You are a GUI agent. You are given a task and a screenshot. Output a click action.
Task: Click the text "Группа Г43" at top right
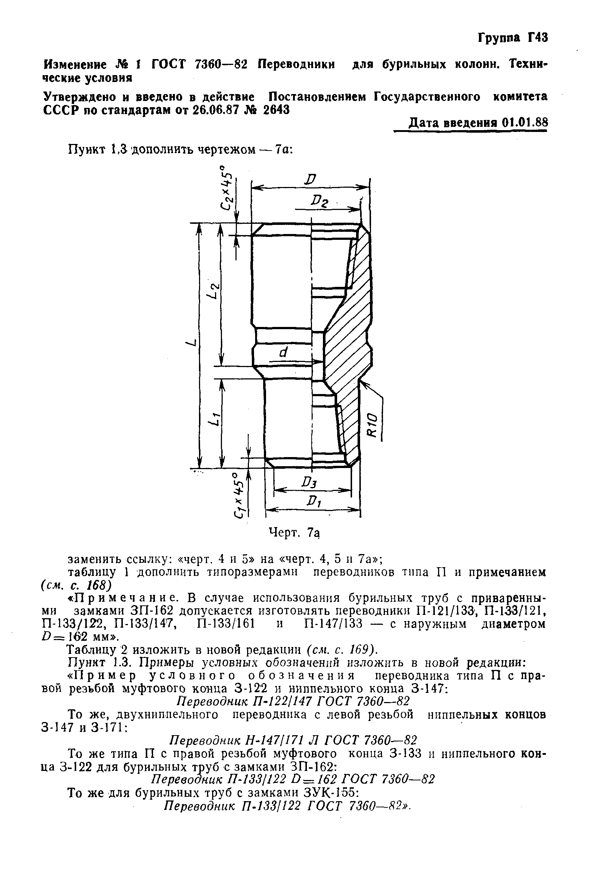coord(512,38)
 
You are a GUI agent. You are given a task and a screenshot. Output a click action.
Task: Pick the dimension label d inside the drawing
coord(282,353)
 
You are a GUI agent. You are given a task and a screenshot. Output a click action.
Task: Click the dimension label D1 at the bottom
coord(314,503)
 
